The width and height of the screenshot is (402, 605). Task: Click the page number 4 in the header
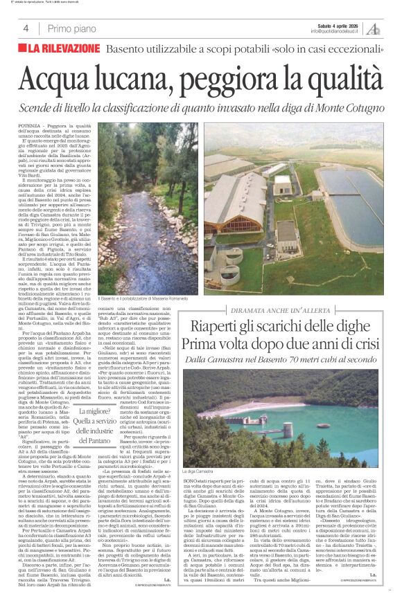(26, 28)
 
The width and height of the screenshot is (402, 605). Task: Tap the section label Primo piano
(72, 28)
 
